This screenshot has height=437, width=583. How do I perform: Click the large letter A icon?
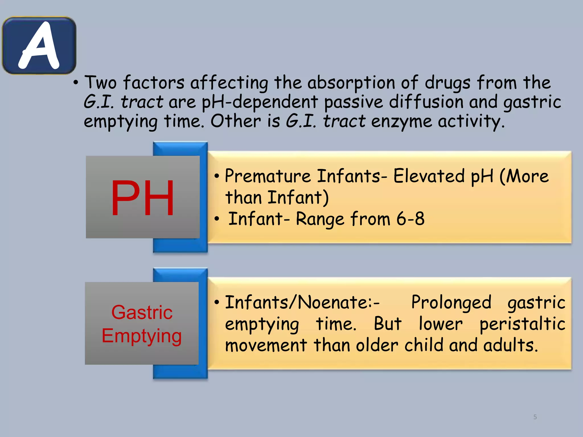(x=39, y=46)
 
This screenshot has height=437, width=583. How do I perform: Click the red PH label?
(x=142, y=198)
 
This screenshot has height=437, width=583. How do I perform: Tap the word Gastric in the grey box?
(x=142, y=312)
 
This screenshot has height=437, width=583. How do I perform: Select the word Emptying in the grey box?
(x=141, y=336)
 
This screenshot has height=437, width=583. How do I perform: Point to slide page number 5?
(x=535, y=417)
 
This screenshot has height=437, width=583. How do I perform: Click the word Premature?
(x=268, y=176)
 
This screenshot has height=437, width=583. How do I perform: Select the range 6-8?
(x=410, y=219)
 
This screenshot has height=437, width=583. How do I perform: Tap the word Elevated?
(x=430, y=176)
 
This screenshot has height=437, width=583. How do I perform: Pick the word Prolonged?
(x=451, y=302)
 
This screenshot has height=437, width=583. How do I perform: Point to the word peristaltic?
(x=522, y=324)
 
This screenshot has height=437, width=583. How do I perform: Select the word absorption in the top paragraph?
(x=351, y=83)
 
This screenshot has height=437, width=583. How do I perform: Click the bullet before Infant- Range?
(x=217, y=219)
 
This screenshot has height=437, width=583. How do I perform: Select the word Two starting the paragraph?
(x=100, y=83)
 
